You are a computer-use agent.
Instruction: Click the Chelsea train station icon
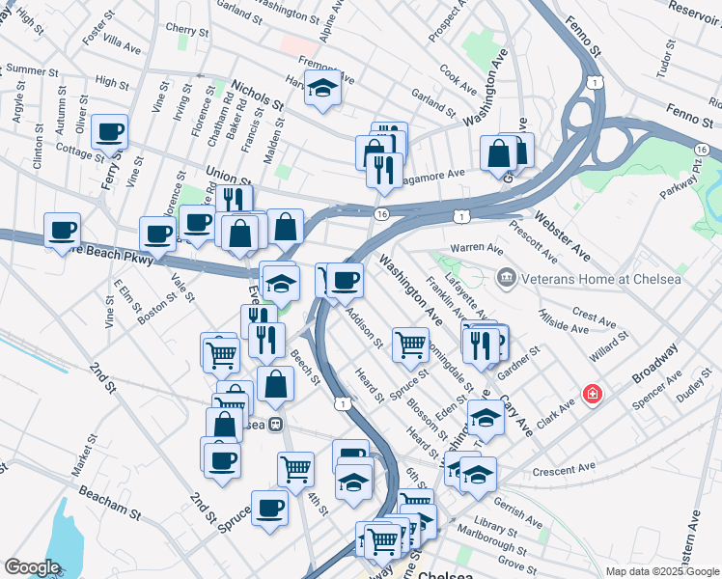276,424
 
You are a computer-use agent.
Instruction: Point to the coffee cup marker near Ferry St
110,131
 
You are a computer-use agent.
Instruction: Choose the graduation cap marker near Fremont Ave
323,89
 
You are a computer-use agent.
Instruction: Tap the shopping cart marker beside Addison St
411,344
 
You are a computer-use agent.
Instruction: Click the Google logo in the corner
32,567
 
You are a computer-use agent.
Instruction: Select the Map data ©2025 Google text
662,571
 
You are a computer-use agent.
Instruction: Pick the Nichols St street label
257,96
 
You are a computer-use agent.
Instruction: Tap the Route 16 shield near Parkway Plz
702,150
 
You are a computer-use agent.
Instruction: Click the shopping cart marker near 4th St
295,469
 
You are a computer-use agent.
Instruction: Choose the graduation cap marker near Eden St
486,418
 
